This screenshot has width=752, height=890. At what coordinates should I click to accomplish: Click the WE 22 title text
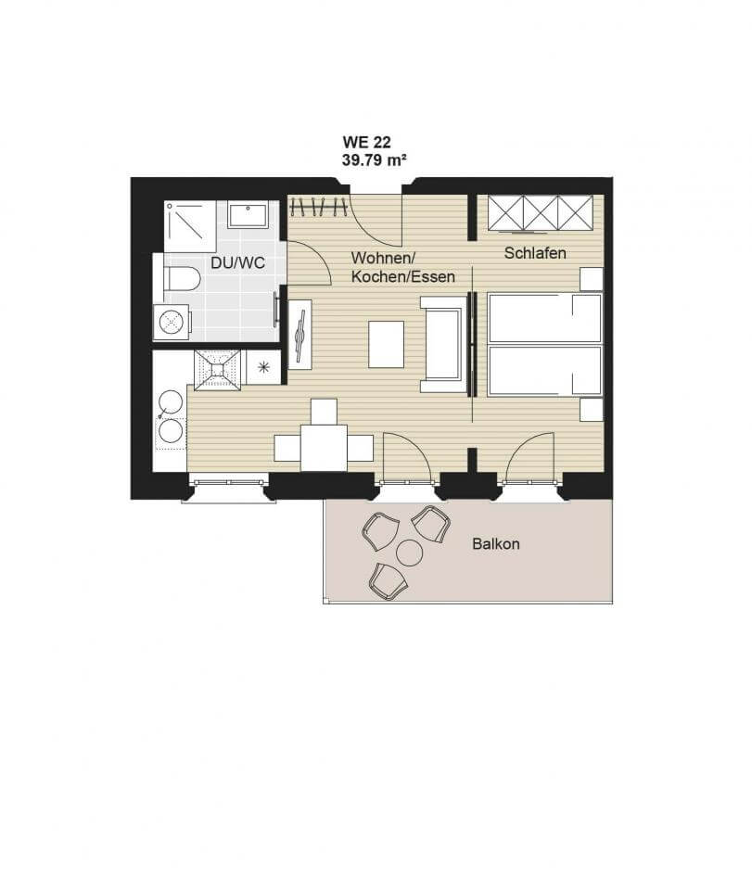366,142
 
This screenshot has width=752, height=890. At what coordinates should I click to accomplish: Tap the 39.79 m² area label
374,160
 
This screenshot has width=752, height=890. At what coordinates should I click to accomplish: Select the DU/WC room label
237,263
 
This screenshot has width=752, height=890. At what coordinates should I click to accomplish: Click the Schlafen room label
535,253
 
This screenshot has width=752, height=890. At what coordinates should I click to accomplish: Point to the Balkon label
496,544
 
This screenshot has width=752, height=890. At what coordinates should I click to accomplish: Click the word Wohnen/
379,258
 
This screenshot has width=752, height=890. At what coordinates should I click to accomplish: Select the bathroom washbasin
248,214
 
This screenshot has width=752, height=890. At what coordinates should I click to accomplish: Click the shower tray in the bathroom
189,225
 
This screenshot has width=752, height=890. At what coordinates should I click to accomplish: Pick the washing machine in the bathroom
172,322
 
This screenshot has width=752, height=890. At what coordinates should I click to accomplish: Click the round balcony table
409,553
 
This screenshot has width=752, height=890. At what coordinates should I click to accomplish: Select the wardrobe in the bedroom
541,213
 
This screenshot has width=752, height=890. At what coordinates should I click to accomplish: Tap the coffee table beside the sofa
387,345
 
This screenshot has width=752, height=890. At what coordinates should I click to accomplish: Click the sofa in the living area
442,345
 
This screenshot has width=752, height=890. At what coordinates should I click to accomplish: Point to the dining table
324,448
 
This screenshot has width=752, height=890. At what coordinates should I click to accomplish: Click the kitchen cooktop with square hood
217,370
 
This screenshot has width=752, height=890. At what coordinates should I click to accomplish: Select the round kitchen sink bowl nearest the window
171,431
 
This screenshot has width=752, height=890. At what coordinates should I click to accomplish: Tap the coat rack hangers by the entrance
318,207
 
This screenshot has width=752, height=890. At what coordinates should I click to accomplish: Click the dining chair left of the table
287,448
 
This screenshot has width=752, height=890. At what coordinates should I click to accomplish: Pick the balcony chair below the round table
388,581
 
